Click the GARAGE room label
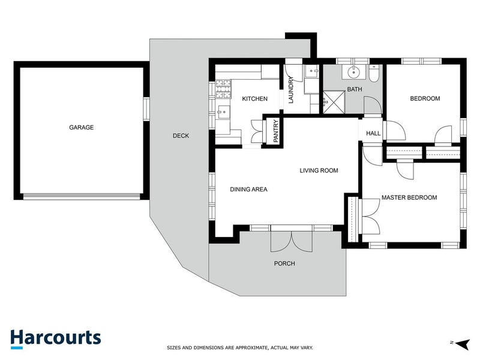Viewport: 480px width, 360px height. click(81, 127)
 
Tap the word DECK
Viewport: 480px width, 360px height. click(181, 136)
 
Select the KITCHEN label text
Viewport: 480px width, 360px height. click(254, 99)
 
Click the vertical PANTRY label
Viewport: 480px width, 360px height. click(276, 131)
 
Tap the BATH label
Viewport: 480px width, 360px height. click(355, 89)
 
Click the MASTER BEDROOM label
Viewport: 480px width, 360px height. click(409, 197)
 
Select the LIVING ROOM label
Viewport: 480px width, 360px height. click(319, 170)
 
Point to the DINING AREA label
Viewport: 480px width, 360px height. click(248, 190)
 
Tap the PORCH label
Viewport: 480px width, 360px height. click(284, 263)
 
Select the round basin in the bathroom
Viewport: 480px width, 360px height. click(353, 73)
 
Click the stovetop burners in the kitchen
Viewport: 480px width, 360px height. click(224, 90)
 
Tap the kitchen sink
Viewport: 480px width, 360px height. click(223, 112)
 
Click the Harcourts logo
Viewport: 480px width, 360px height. click(55, 338)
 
